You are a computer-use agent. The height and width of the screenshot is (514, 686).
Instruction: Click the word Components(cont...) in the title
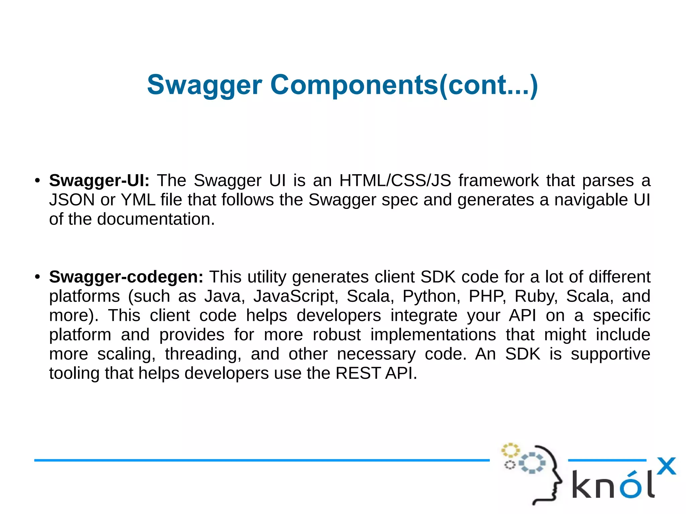pos(404,85)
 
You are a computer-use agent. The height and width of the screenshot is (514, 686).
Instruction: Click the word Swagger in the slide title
pos(204,85)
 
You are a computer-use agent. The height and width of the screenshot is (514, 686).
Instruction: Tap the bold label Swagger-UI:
pos(99,180)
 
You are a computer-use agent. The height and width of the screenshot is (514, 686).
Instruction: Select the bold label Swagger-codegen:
pos(126,277)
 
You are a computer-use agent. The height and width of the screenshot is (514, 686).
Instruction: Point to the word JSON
pos(72,200)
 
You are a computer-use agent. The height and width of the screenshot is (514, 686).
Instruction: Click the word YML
pos(138,200)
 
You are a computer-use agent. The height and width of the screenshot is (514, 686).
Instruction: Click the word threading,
pos(203,354)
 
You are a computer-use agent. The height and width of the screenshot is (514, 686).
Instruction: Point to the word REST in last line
pos(358,373)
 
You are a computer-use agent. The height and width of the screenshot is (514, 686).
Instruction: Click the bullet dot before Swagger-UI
pos(38,181)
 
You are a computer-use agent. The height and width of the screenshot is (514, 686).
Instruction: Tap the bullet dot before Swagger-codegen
pos(38,277)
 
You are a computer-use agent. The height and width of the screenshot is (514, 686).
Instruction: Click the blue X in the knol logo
pos(666,466)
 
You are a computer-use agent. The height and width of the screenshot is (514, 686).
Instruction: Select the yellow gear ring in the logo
pos(510,450)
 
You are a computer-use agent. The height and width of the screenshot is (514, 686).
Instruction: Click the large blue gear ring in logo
pos(532,463)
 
